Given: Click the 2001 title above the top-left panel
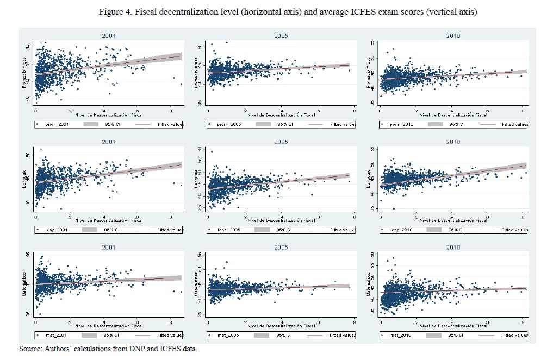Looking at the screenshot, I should (x=108, y=36).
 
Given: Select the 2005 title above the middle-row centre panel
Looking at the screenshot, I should (x=281, y=142).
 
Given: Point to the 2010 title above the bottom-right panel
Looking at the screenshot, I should (x=452, y=248).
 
